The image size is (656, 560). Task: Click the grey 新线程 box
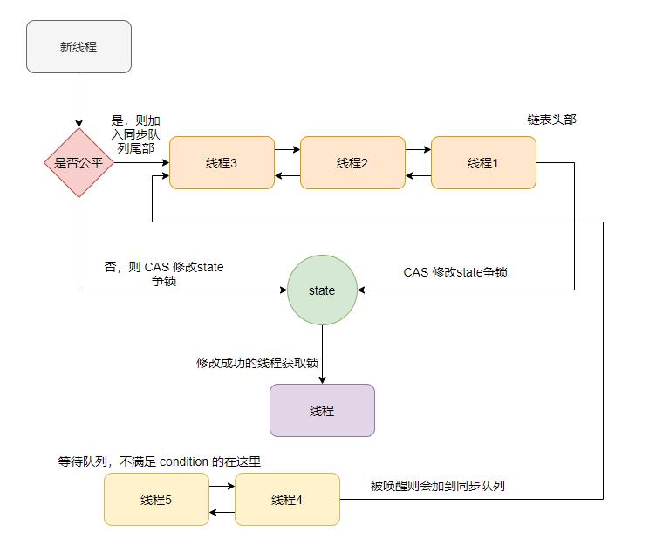(x=79, y=47)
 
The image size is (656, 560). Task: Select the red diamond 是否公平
(x=79, y=162)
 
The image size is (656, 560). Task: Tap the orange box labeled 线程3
(x=222, y=163)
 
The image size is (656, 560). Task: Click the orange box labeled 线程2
(x=352, y=163)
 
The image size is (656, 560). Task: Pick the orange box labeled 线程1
(x=483, y=163)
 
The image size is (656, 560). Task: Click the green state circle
(x=322, y=290)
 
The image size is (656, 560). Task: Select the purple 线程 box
(x=322, y=410)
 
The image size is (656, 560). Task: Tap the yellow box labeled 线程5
(x=156, y=500)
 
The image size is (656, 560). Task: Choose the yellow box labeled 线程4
(x=287, y=500)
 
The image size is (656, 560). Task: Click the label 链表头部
(x=551, y=120)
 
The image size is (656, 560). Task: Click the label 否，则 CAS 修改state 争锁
(x=163, y=274)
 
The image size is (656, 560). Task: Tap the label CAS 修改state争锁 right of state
(x=455, y=272)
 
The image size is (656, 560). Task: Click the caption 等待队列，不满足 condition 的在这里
(x=159, y=461)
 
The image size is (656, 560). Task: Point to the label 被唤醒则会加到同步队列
(x=437, y=486)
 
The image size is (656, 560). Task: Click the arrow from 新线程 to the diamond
(x=79, y=100)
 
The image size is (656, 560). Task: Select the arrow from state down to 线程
(x=322, y=354)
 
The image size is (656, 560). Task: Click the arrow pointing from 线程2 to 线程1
(x=418, y=150)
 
